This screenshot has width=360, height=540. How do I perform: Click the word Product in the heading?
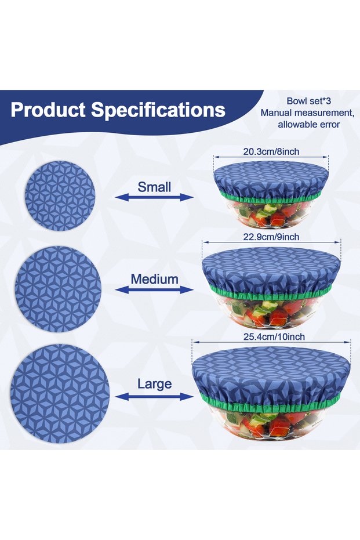48,110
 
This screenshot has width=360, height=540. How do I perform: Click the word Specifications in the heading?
158,110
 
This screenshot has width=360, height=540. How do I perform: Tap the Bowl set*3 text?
309,101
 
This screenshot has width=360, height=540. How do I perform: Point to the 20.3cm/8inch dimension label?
271,151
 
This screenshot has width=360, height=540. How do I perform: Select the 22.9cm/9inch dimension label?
271,237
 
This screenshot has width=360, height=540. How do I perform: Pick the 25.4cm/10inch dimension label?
274,336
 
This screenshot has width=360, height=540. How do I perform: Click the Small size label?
154,187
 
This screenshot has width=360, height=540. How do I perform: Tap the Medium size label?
155,279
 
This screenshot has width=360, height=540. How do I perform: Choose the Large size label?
155,384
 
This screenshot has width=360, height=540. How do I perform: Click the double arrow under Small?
154,197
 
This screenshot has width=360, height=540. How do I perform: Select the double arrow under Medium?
154,290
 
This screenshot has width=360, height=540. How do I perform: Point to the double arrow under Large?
154,397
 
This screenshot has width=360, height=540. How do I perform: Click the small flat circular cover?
60,195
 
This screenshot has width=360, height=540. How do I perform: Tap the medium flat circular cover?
58,289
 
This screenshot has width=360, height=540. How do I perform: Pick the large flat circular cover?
60,394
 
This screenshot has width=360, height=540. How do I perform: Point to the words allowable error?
309,125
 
